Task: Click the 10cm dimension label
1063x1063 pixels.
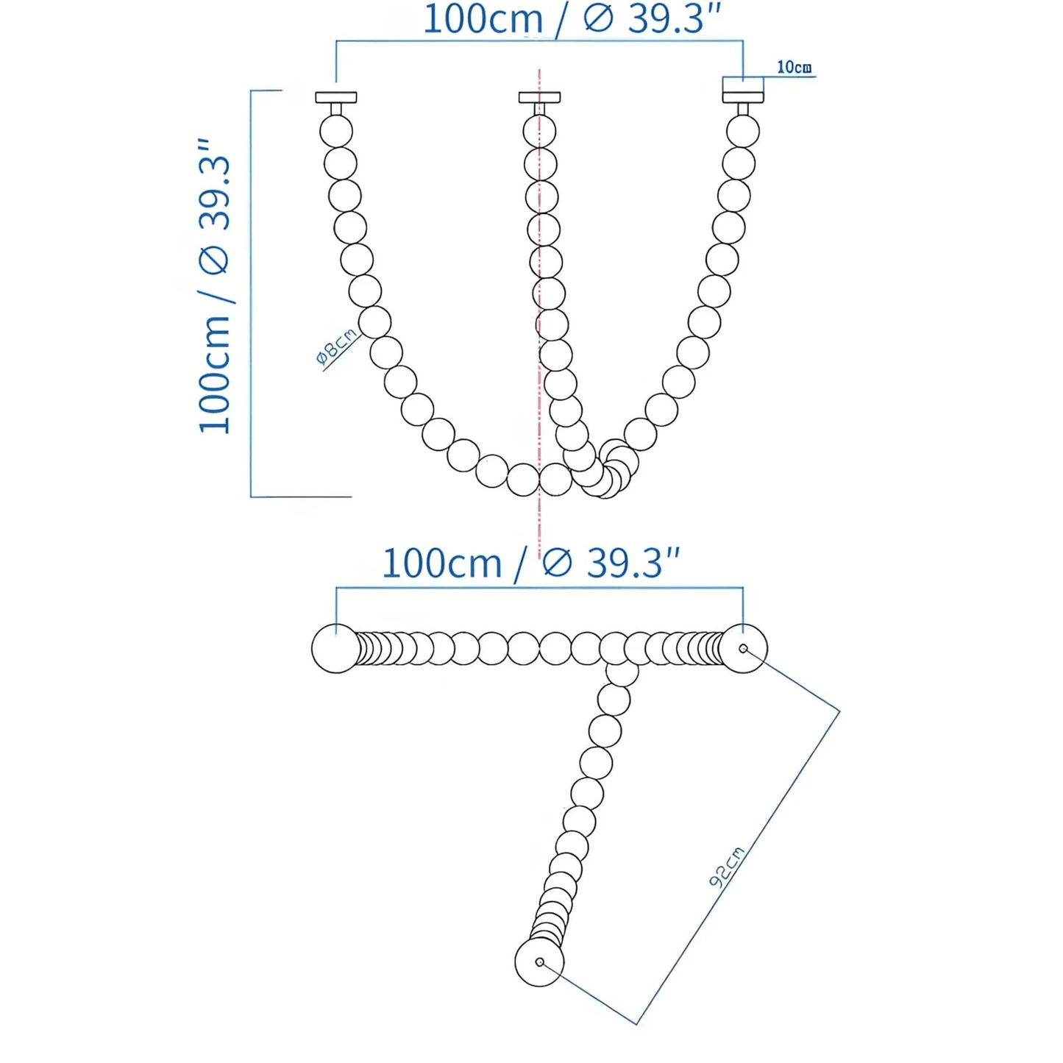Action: (794, 67)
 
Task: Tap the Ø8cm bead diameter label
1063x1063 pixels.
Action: (336, 346)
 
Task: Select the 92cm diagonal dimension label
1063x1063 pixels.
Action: (726, 867)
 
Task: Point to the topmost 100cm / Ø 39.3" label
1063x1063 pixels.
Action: (572, 19)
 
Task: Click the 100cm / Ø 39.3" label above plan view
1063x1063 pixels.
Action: (530, 564)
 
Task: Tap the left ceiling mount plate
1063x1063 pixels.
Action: (336, 97)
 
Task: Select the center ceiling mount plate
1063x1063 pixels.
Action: (539, 97)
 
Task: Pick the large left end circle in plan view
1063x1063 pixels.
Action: (336, 648)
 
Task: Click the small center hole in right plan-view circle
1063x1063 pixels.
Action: (743, 648)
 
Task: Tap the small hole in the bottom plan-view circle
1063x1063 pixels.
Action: (540, 962)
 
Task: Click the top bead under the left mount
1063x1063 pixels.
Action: (336, 132)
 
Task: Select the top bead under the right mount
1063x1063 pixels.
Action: (743, 132)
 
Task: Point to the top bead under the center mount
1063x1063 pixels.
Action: (539, 132)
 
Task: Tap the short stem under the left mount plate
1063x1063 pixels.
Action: (336, 109)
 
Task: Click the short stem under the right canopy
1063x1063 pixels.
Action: (743, 109)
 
